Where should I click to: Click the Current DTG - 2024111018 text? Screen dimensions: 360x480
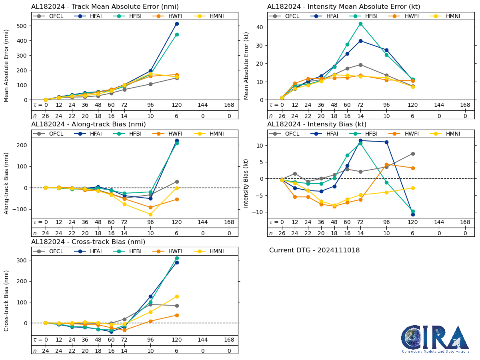[x=314, y=250]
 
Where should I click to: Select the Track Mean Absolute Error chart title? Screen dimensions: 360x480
[x=105, y=6]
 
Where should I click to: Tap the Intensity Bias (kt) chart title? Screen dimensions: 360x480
[x=317, y=124]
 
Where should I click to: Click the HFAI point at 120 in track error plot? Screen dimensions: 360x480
[x=177, y=24]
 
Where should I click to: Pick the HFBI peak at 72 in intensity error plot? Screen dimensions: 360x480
[x=360, y=24]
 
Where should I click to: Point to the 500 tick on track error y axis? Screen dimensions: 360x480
[x=22, y=26]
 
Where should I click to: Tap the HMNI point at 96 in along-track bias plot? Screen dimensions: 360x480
[x=150, y=214]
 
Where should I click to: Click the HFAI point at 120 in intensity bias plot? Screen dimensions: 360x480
[x=413, y=214]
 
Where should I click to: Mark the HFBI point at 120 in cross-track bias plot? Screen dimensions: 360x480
[x=177, y=258]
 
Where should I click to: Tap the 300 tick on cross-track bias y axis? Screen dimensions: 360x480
[x=22, y=260]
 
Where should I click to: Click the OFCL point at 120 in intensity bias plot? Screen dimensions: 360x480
[x=413, y=154]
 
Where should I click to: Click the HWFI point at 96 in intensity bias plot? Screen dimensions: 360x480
[x=386, y=164]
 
